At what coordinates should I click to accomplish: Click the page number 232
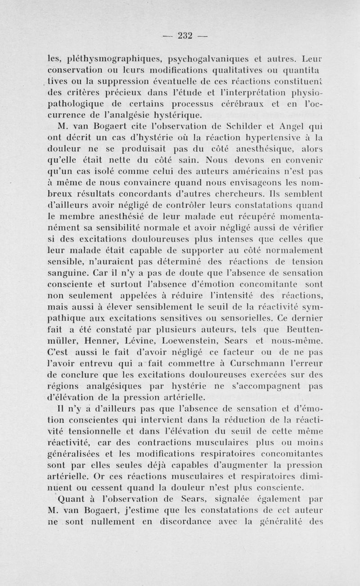180,36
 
